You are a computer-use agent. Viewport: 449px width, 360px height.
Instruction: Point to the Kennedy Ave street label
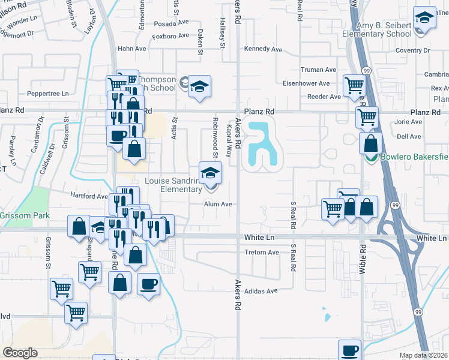pyautogui.click(x=263, y=49)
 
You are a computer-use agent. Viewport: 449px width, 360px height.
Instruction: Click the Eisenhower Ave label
pyautogui.click(x=307, y=83)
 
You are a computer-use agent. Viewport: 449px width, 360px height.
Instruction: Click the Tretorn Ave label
pyautogui.click(x=262, y=253)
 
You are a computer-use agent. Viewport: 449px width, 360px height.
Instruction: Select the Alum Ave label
pyautogui.click(x=217, y=204)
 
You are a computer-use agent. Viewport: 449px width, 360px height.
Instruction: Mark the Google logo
pyautogui.click(x=20, y=353)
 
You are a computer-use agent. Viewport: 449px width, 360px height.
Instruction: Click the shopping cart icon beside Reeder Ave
pyautogui.click(x=354, y=85)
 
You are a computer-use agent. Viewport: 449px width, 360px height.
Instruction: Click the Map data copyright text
pyautogui.click(x=423, y=355)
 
